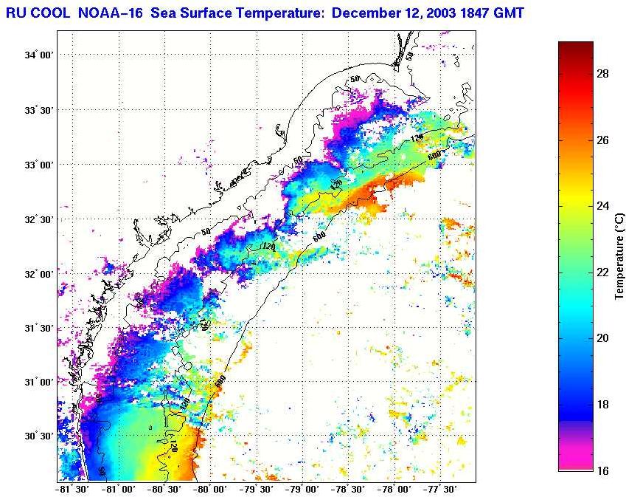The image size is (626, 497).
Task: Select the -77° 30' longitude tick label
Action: (x=443, y=489)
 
